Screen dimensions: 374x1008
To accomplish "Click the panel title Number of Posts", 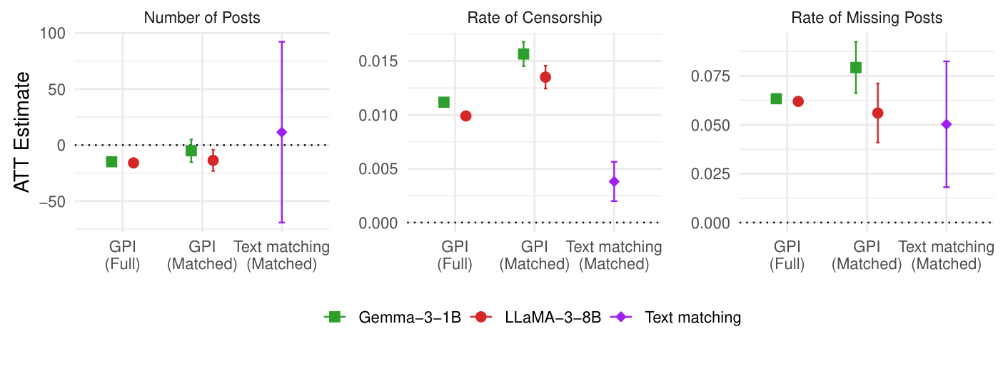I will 202,18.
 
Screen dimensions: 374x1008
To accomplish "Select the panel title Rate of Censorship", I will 534,18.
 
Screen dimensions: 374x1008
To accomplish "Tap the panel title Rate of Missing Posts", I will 867,18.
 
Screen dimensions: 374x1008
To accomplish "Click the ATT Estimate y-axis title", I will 23,131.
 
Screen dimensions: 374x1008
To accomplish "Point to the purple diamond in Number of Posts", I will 282,132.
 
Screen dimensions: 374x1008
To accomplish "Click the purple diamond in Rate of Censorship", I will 614,181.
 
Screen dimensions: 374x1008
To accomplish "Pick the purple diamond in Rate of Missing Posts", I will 947,124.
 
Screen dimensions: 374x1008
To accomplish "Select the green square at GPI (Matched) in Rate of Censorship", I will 523,54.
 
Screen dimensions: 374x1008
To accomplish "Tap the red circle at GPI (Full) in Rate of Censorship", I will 465,116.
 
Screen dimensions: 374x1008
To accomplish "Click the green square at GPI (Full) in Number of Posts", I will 111,162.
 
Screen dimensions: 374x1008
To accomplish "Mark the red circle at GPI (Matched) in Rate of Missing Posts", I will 877,113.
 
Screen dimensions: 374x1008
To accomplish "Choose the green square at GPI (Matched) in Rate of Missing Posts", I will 856,68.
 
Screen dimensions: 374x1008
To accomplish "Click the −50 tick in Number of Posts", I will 51,201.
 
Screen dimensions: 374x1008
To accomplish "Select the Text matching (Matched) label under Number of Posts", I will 282,256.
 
